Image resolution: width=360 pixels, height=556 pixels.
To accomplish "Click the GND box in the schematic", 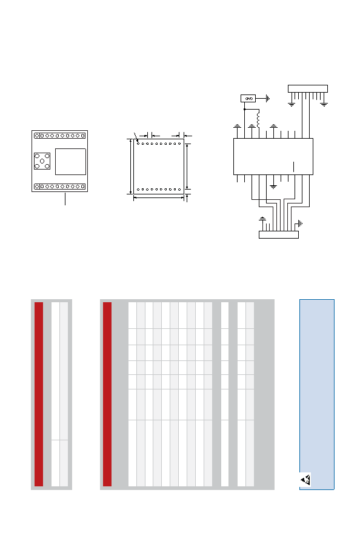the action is coord(248,98).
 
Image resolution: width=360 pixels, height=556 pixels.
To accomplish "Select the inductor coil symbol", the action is coord(258,119).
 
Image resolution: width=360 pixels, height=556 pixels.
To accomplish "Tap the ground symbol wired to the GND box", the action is coord(268,98).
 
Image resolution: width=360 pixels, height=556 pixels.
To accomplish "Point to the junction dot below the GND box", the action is coord(244,109).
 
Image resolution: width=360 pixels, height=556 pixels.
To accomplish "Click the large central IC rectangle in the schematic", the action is coord(273,156).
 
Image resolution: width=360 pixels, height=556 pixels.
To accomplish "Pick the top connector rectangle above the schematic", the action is coord(307,88).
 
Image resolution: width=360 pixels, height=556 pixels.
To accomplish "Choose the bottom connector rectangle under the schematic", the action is coord(279,235).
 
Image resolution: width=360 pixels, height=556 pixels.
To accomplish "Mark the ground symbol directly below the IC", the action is coord(273,186).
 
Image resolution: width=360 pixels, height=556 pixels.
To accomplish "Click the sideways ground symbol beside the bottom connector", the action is coord(300,223).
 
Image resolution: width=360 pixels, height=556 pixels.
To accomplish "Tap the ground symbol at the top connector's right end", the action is coord(324,105).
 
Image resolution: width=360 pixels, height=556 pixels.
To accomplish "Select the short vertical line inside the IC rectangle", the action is coord(294,167).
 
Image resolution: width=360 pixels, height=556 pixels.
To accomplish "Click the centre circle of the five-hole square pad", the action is coord(42,161).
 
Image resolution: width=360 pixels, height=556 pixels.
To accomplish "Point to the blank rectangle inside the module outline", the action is coord(70,162).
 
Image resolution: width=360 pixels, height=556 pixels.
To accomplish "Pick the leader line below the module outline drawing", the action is coord(65,199).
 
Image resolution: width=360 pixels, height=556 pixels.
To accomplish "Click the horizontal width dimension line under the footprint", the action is coord(159,198).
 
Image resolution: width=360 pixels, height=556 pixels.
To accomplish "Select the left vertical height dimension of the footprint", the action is coord(130,167).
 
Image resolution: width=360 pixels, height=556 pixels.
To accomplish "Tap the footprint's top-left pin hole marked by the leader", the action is coord(138,144).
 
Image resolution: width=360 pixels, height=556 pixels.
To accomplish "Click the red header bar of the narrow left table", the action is coord(39,394).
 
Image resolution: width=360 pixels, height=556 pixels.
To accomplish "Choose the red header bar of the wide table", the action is coord(107,394).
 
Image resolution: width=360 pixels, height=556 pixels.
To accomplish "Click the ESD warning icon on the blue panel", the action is coord(305,480).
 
